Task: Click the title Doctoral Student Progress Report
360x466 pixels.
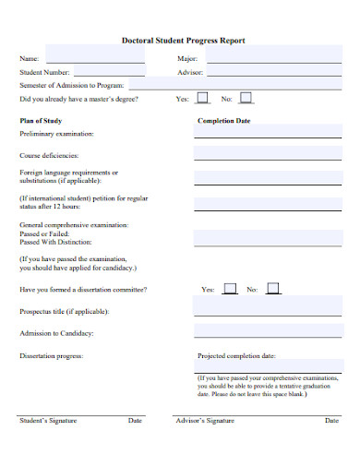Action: click(183, 41)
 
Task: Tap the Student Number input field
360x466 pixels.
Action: click(109, 71)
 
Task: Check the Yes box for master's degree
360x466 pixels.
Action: click(203, 97)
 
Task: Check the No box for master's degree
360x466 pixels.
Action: click(246, 97)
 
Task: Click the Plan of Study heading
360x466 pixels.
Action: click(41, 121)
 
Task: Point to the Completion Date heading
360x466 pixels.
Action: click(224, 121)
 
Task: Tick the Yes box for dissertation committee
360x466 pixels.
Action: click(230, 289)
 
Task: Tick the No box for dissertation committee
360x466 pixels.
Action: click(273, 289)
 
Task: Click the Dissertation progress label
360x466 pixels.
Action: click(52, 355)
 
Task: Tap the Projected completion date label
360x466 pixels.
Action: click(236, 355)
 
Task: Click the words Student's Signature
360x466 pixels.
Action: click(48, 421)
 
